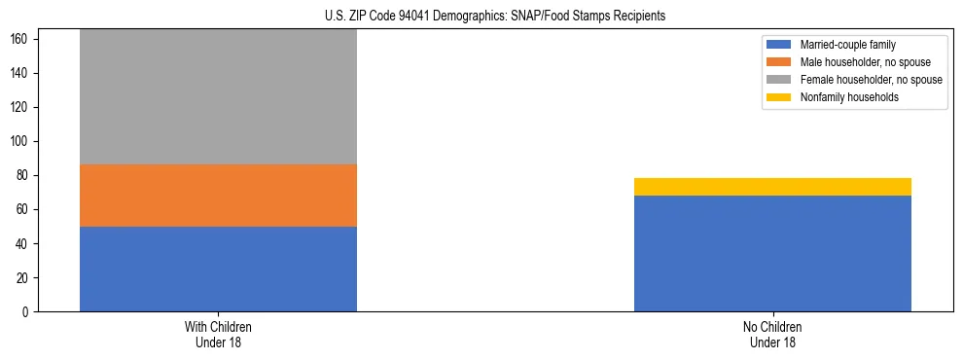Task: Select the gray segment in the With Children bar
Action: click(x=218, y=96)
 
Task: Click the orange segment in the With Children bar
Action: click(x=218, y=196)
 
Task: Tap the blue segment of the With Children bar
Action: click(x=218, y=269)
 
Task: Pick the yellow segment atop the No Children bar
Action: click(x=772, y=187)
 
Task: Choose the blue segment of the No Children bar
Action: click(x=772, y=253)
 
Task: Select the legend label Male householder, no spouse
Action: click(x=864, y=62)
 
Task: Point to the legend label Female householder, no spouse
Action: click(x=871, y=80)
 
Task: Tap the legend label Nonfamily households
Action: click(x=849, y=97)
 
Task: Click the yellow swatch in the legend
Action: click(x=779, y=97)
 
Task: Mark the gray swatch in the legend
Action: click(x=779, y=80)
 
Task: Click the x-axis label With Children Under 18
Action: click(x=218, y=334)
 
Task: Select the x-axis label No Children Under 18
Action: click(x=772, y=334)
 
